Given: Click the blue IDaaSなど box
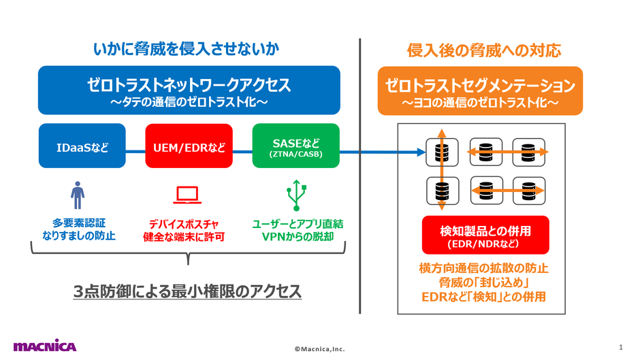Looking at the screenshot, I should click(x=82, y=146).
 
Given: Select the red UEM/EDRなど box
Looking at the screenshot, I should click(x=189, y=146).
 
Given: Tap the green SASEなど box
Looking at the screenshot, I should click(x=295, y=146).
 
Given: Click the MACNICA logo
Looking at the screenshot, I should click(x=45, y=346).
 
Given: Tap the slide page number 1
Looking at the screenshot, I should click(x=620, y=346).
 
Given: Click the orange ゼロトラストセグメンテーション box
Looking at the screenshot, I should click(x=480, y=91).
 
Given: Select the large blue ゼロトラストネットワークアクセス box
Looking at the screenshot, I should click(x=189, y=91).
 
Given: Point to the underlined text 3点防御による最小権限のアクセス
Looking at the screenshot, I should click(x=187, y=291).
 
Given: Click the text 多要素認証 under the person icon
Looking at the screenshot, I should click(x=79, y=223).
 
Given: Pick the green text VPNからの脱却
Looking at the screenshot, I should click(x=297, y=237).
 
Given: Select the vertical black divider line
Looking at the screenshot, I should click(x=359, y=177).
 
